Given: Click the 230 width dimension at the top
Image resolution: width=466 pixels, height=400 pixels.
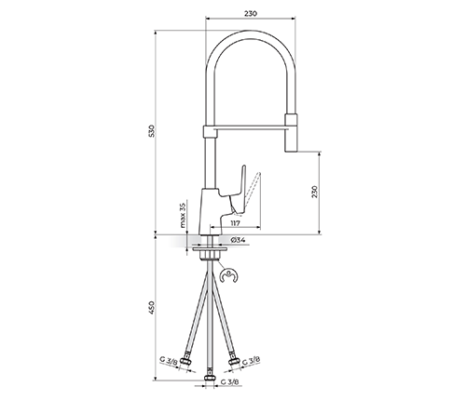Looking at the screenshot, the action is [251, 14].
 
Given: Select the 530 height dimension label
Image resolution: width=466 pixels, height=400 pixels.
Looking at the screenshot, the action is [152, 131].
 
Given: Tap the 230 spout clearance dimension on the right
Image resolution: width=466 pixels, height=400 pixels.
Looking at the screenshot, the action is [314, 192].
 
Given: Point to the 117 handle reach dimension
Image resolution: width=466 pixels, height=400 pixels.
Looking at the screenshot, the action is [236, 223].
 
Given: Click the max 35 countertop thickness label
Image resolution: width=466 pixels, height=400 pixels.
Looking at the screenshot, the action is [183, 215].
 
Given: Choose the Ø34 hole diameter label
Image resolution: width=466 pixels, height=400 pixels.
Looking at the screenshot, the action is [239, 240].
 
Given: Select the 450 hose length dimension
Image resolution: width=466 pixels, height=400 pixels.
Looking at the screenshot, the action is [152, 308].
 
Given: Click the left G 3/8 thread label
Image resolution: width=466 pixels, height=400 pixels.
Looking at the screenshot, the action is [168, 361].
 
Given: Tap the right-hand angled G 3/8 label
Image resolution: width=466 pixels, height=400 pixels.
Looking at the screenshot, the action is [251, 360].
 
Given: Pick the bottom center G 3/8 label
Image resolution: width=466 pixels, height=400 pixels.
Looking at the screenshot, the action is [230, 381].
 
